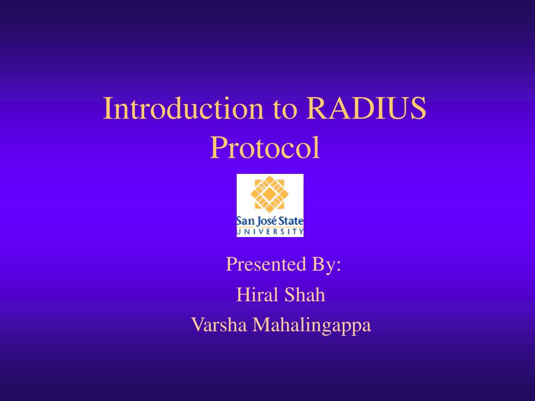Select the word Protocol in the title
click(265, 147)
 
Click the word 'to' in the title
click(285, 109)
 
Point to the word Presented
click(266, 264)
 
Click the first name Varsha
click(219, 325)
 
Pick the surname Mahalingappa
click(311, 325)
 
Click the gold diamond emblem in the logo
click(270, 194)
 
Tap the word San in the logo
click(246, 221)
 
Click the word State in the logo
click(291, 221)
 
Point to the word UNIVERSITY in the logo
click(270, 232)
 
